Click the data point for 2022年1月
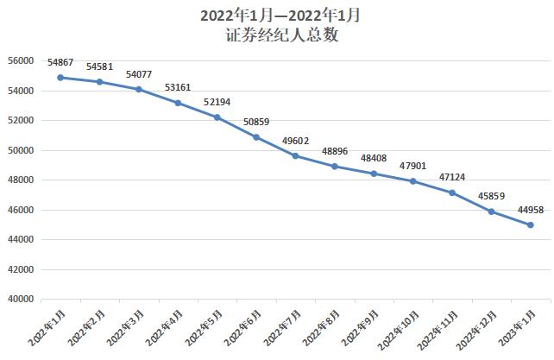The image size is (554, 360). [60, 78]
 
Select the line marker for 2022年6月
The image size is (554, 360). [256, 137]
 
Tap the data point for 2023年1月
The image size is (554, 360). [530, 225]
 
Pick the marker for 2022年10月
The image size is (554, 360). [412, 181]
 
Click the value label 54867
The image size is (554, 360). [60, 63]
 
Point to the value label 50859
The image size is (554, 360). [256, 123]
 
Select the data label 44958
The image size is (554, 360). [530, 210]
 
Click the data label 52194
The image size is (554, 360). [217, 103]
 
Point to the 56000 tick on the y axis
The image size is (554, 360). [20, 61]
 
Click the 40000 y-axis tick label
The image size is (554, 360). [20, 300]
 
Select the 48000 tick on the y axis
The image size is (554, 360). [20, 180]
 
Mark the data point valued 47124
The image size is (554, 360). [452, 193]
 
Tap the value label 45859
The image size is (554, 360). [491, 196]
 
